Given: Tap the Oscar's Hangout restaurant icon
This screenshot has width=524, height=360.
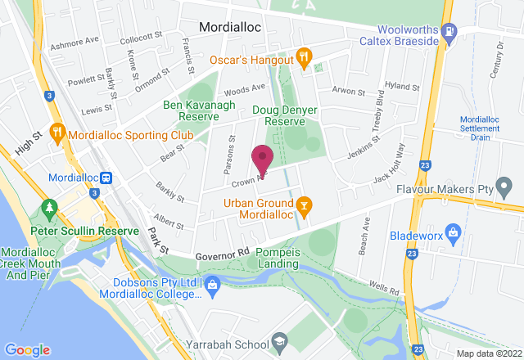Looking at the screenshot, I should (x=303, y=56).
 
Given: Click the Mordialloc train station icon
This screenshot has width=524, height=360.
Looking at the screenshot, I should (x=106, y=178).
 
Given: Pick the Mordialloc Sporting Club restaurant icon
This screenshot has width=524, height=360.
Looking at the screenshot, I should (x=57, y=131).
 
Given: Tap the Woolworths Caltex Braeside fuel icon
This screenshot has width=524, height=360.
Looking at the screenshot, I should (x=449, y=31).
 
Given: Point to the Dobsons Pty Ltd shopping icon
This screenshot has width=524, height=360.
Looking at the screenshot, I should (x=213, y=284).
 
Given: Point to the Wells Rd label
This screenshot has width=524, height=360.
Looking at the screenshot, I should (x=382, y=289).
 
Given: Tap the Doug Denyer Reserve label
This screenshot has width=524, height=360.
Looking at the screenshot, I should (x=284, y=115).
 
